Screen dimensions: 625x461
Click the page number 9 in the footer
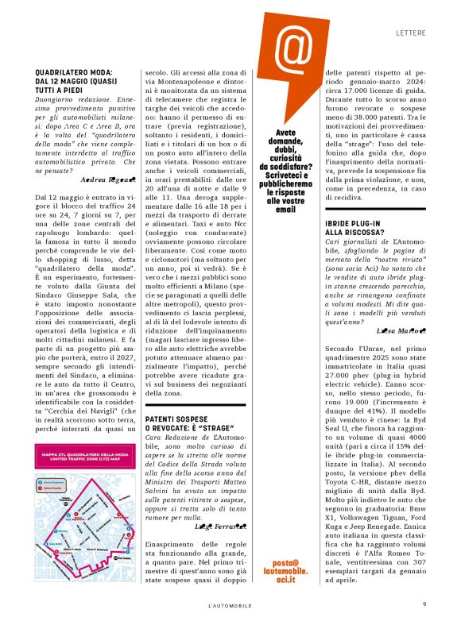(x=424, y=604)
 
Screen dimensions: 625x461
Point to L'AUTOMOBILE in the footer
(x=230, y=604)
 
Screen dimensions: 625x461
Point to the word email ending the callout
(x=289, y=210)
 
